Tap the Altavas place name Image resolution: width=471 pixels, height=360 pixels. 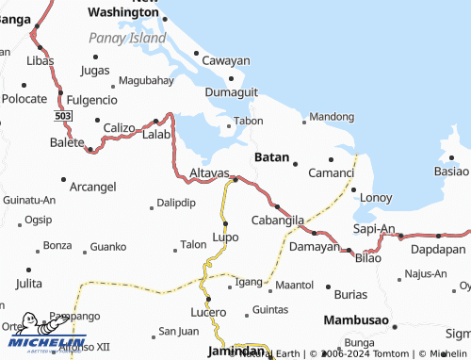[x=209, y=174]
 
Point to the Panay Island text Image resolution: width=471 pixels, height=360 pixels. [x=127, y=38]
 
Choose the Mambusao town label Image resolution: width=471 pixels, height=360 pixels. [x=356, y=320]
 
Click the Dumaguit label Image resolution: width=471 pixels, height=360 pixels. [x=231, y=92]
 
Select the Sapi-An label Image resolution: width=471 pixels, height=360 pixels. [x=373, y=228]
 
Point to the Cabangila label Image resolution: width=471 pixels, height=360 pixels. [x=278, y=219]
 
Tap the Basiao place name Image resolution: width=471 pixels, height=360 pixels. [x=450, y=172]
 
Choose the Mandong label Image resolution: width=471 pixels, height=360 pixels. [x=333, y=117]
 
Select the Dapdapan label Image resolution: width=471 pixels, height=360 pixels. [x=438, y=249]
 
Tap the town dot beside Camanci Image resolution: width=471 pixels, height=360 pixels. [x=331, y=159]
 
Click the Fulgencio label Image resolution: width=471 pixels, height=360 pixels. [x=91, y=99]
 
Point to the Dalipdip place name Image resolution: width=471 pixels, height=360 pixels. [x=176, y=203]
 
